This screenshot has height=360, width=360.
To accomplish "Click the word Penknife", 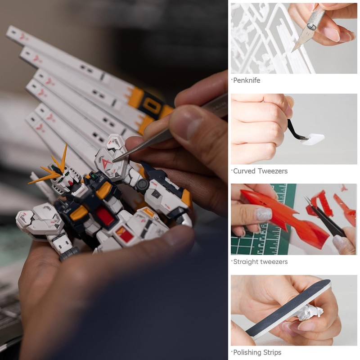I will (x=247, y=81).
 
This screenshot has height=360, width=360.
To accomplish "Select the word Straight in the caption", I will (x=247, y=261).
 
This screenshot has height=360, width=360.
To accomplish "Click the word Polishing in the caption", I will (x=248, y=352).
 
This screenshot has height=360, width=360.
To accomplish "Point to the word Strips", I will (x=272, y=352).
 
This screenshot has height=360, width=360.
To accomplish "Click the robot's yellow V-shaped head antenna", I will (x=56, y=169).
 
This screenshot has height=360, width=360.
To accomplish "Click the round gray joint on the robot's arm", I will (x=143, y=185).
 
